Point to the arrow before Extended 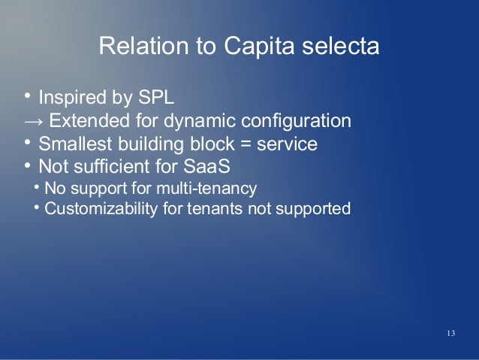tap(33, 121)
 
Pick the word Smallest tap(74, 144)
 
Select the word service tap(286, 144)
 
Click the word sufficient tap(111, 165)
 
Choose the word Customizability tap(97, 207)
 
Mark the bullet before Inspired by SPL tap(27, 97)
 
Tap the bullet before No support tap(38, 186)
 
